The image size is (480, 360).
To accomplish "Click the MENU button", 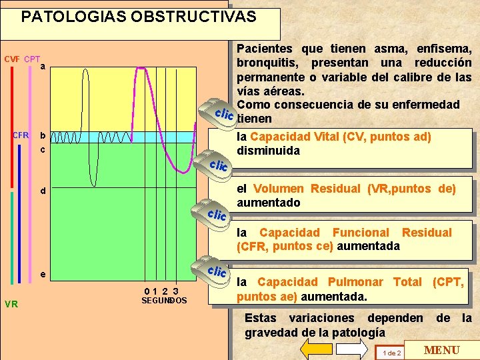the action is pos(442,350).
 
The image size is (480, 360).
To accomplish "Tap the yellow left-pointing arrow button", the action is pos(317,349).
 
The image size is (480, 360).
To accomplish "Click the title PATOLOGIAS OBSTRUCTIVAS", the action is pos(139,17).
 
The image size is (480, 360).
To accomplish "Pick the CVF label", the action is pos(12,59).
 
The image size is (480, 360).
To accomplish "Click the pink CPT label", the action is pos(32,59).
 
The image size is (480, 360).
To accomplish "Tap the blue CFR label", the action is pos(21,135).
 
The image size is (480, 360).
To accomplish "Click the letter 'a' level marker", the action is pos(42,67).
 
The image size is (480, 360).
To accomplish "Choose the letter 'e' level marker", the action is pos(42,274).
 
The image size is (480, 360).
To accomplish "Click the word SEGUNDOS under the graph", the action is pos(164,301).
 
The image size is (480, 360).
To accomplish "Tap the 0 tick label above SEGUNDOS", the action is pos(147,291).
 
